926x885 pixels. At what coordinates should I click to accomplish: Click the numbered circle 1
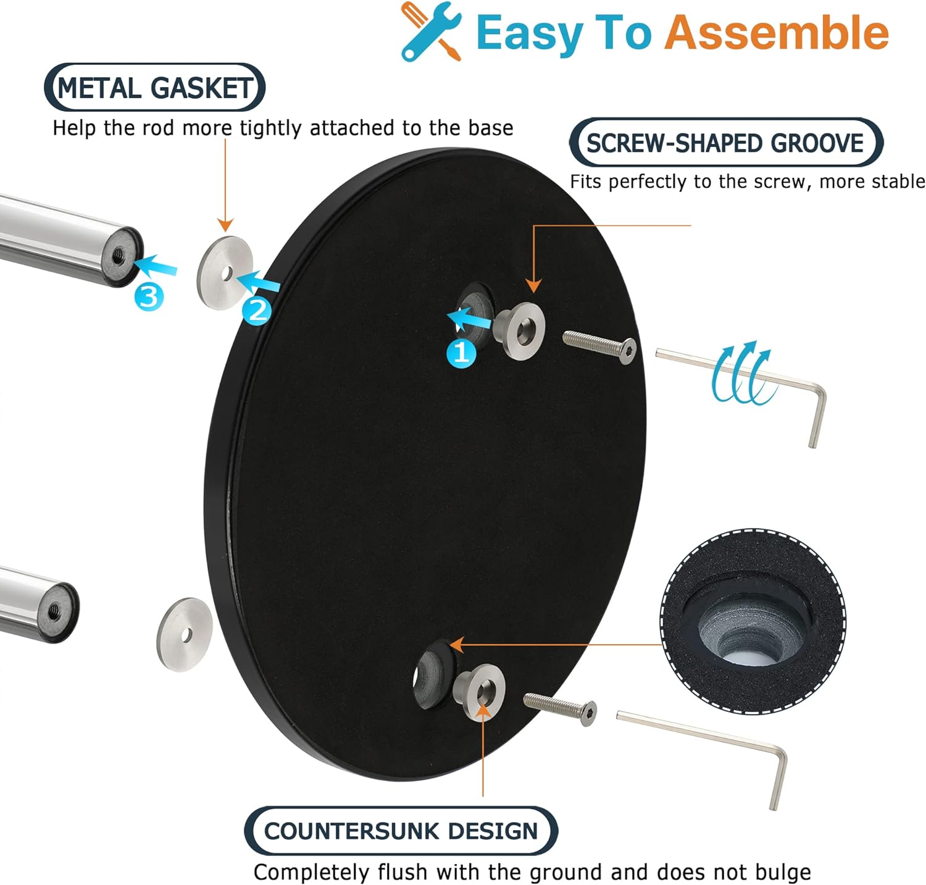pyautogui.click(x=461, y=353)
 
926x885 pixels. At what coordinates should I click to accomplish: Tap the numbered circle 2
pyautogui.click(x=257, y=309)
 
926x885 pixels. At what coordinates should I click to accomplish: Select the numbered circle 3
pyautogui.click(x=149, y=297)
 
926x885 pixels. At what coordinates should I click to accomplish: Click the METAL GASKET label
pyautogui.click(x=155, y=88)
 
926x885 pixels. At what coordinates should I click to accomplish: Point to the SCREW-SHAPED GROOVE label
pyautogui.click(x=725, y=143)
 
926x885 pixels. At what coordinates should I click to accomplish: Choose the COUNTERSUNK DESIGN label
pyautogui.click(x=401, y=831)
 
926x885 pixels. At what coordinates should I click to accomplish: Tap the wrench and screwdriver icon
pyautogui.click(x=432, y=31)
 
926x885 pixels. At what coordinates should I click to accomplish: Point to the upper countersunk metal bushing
pyautogui.click(x=519, y=330)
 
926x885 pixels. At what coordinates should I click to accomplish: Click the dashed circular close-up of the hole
pyautogui.click(x=753, y=621)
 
